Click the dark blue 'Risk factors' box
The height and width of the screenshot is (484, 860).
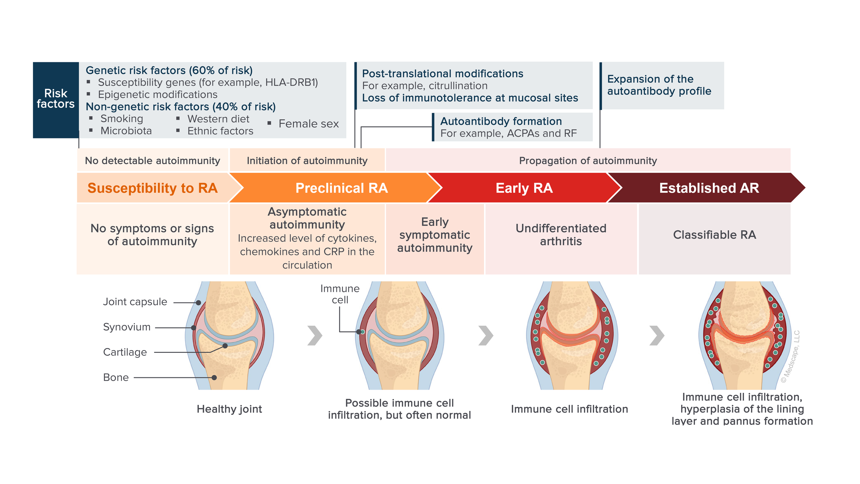[56, 100]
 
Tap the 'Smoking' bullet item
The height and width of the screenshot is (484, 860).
[121, 119]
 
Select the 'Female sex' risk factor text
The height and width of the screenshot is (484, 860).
[308, 124]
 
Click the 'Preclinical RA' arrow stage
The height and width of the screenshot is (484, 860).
[341, 188]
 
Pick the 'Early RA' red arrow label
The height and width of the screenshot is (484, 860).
[524, 188]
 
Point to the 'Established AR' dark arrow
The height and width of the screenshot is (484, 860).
[709, 188]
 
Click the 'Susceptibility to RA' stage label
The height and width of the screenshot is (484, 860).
[152, 188]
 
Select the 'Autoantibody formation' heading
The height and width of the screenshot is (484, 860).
[501, 121]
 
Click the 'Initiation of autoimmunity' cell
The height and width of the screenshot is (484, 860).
[307, 161]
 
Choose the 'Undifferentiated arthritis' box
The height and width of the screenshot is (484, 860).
[561, 235]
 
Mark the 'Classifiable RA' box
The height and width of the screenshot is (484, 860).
[714, 235]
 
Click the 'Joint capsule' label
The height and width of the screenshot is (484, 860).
[135, 302]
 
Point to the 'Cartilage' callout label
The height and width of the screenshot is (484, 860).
[125, 352]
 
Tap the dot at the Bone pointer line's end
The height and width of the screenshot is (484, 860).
[214, 378]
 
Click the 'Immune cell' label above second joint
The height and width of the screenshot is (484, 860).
[340, 294]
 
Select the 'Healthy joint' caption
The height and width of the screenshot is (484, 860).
[229, 409]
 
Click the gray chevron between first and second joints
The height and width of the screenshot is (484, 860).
[314, 335]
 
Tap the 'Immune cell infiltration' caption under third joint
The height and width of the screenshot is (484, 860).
[569, 409]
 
